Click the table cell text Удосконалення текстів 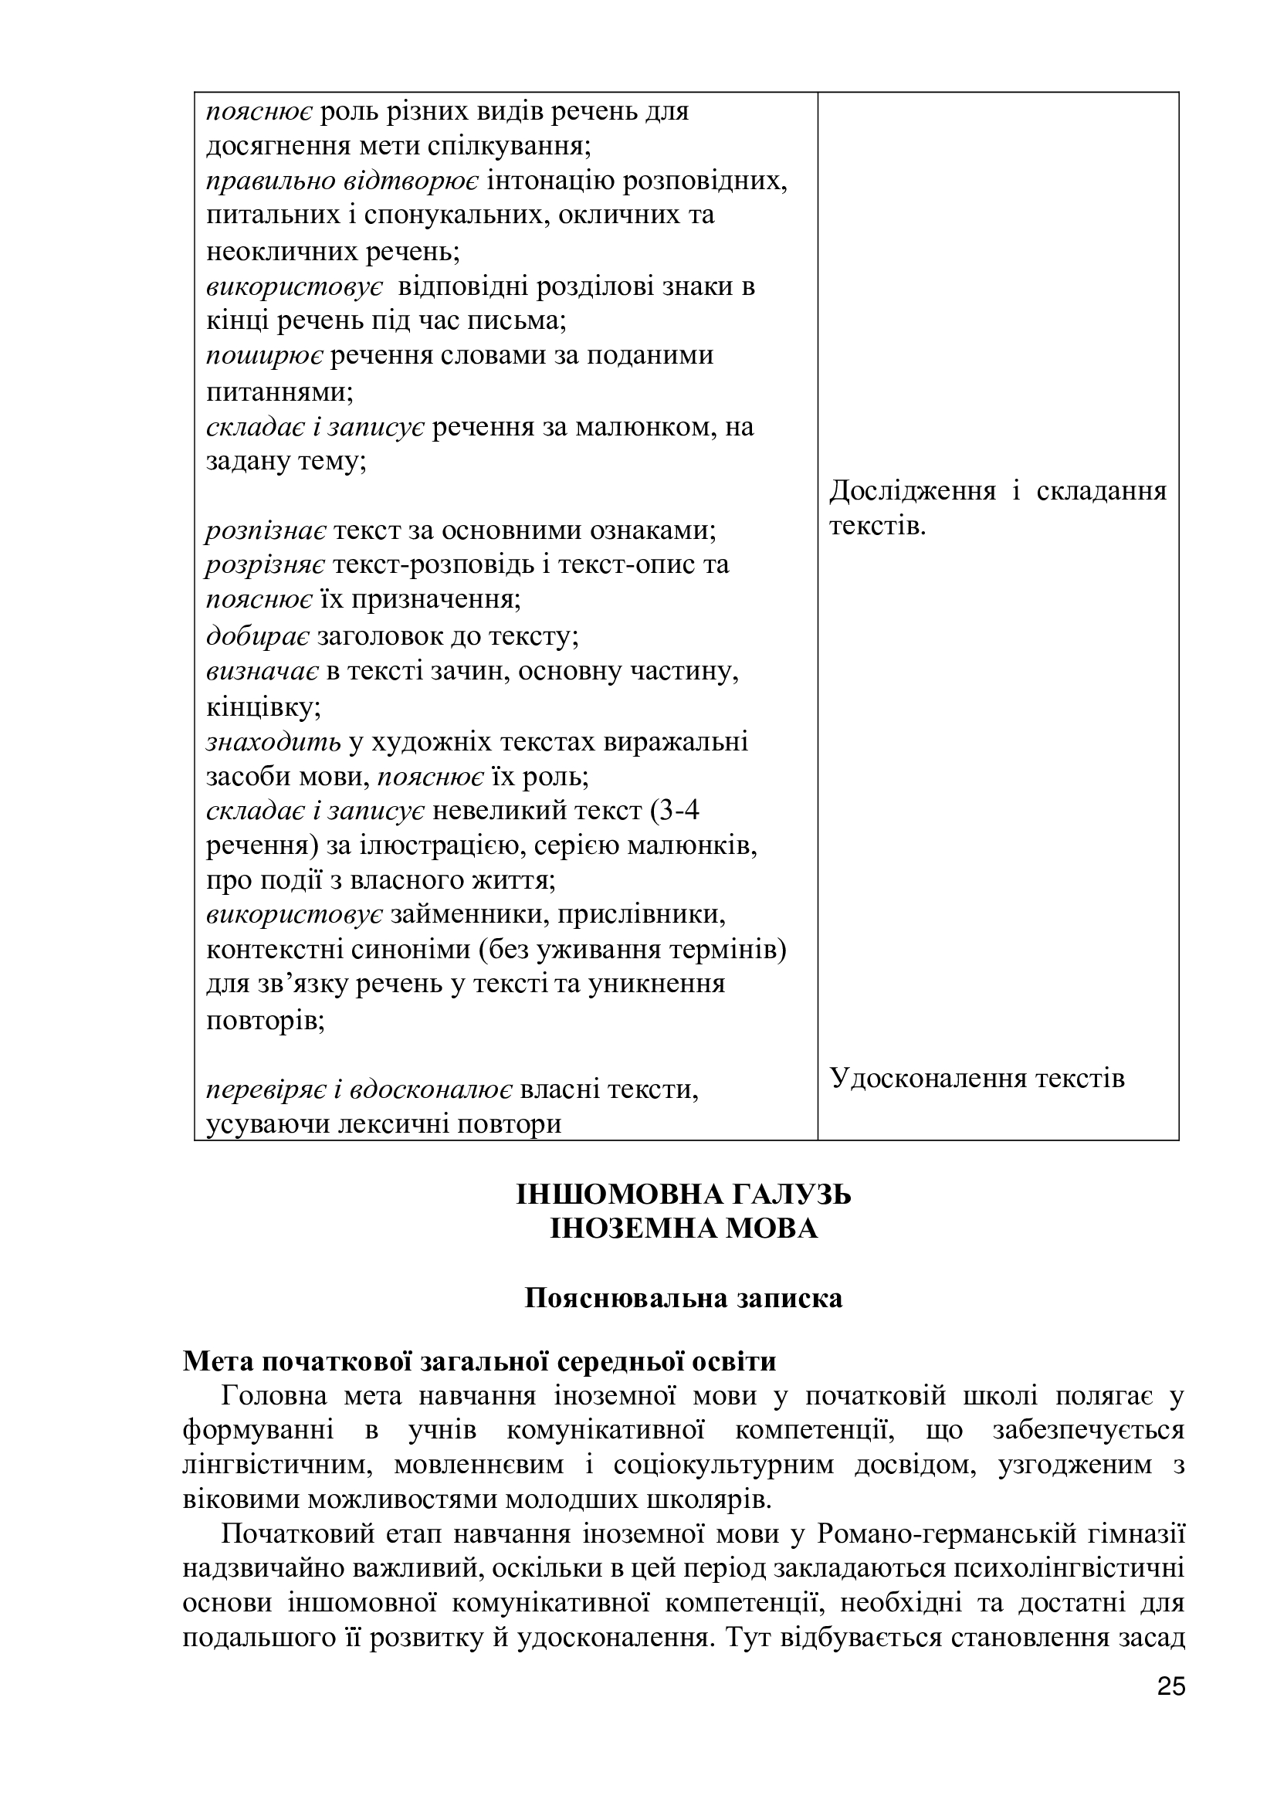click(977, 1078)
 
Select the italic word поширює click(264, 355)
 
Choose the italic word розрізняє click(266, 564)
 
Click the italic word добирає click(258, 635)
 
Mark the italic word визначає click(262, 671)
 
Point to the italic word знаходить click(273, 741)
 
